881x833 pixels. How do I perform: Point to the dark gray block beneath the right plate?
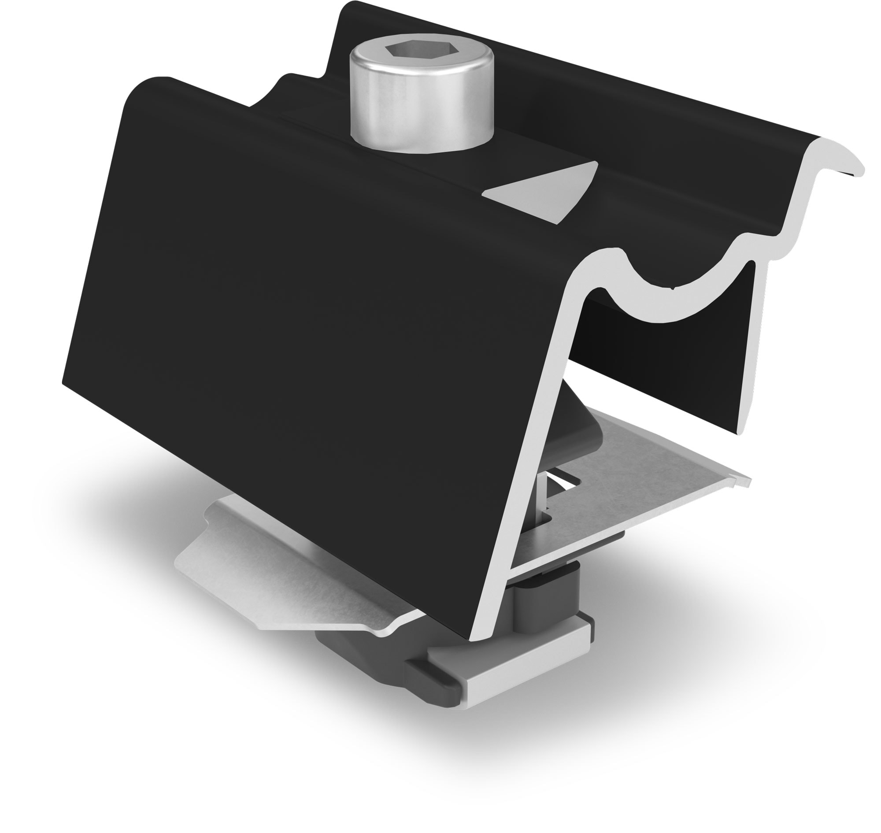click(551, 595)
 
